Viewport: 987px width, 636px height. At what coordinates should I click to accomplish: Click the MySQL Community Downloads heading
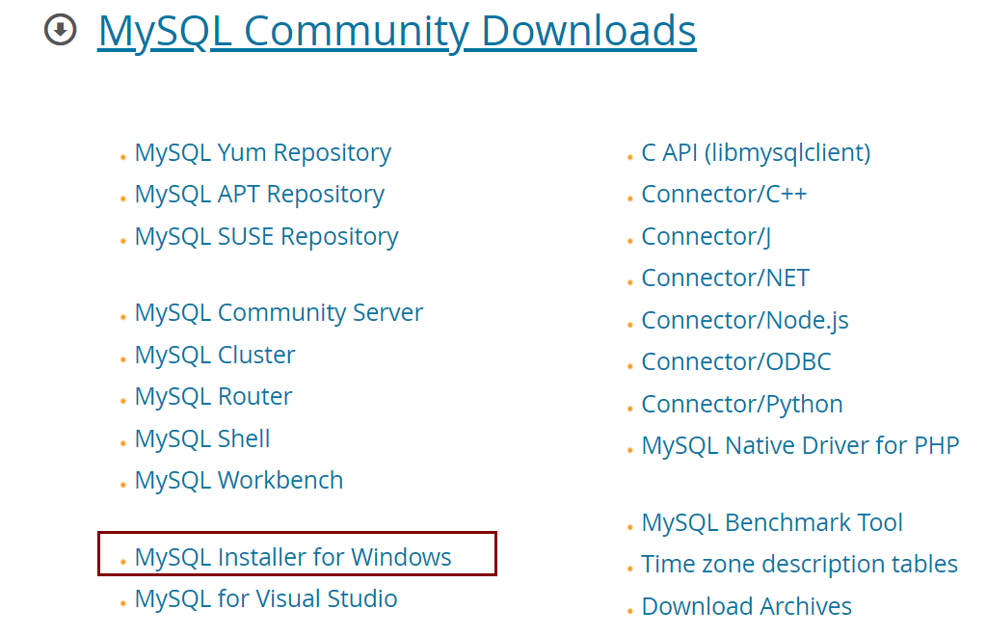coord(396,32)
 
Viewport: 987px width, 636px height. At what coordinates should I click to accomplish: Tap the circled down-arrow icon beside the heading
coord(61,30)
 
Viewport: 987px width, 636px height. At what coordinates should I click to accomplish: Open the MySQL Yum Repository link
coord(262,153)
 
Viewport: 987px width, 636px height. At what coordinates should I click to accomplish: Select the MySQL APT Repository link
coord(259,195)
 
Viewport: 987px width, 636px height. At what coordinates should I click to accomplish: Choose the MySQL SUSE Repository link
coord(266,237)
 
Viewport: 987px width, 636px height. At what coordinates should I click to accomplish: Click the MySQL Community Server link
coord(279,313)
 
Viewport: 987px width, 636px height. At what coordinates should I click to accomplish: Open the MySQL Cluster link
coord(215,356)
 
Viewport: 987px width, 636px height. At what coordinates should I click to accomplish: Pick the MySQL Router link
coord(213,397)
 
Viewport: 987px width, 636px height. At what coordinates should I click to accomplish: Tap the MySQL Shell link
coord(202,439)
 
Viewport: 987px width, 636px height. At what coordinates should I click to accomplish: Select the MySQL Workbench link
coord(239,481)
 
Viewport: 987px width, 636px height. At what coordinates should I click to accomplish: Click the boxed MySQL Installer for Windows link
coord(293,557)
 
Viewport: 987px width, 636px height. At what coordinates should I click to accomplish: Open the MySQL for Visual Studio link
coord(266,599)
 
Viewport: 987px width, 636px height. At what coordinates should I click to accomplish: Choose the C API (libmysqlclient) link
coord(756,153)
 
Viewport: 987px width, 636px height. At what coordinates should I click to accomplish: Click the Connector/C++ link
coord(724,195)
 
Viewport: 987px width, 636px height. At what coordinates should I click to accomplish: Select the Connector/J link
coord(706,237)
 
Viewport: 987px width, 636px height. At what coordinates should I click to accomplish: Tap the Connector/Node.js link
coord(745,321)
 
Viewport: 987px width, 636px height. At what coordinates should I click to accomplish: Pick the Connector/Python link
coord(742,405)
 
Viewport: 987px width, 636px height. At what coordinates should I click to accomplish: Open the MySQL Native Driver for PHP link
coord(800,446)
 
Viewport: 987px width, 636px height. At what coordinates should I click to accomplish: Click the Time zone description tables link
coord(799,565)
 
